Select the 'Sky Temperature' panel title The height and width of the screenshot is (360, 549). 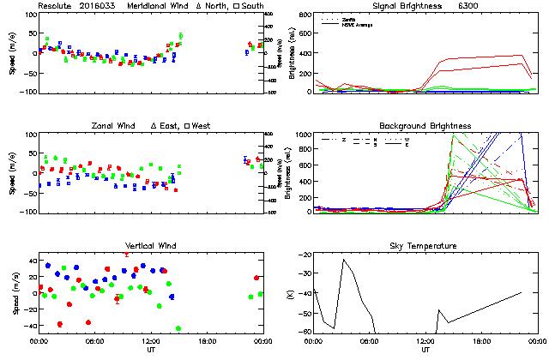(425, 246)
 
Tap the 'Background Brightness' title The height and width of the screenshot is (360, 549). (425, 126)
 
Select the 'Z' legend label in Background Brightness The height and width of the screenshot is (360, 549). (343, 138)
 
